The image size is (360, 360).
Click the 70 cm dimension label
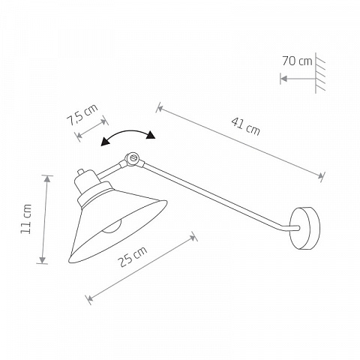297,61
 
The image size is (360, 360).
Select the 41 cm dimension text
246,127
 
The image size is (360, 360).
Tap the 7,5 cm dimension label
82,115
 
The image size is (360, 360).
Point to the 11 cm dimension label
26,219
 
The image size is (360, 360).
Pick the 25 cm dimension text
133,256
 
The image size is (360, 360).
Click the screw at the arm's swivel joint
133,158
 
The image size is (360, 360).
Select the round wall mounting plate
305,228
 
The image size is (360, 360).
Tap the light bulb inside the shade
112,227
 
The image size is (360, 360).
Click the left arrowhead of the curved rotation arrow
105,142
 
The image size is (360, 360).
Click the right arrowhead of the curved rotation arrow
151,135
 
